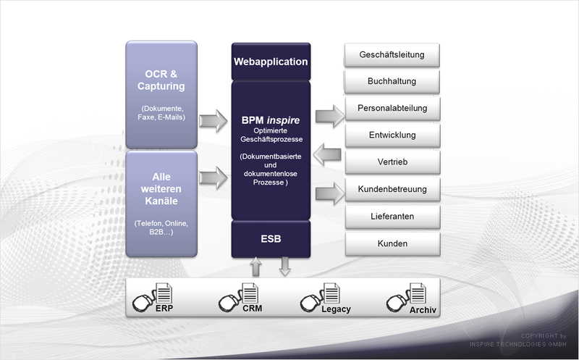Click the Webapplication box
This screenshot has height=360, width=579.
271,62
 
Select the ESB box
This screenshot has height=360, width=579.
271,239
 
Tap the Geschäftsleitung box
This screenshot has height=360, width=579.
392,55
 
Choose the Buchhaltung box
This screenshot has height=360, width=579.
392,81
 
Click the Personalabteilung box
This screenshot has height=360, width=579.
392,109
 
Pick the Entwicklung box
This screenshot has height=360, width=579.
392,135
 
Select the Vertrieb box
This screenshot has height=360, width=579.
392,162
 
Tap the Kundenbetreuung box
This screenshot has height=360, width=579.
392,189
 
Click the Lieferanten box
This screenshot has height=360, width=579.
392,217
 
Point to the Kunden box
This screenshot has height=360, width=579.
392,243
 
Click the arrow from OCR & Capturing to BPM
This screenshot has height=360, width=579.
214,121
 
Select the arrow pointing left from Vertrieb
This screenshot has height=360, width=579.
327,154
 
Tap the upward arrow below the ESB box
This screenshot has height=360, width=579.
255,267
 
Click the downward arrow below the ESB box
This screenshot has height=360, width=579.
284,267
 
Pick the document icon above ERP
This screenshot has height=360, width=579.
164,293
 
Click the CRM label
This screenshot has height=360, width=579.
253,309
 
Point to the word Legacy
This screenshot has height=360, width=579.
336,309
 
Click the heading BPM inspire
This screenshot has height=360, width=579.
271,120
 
